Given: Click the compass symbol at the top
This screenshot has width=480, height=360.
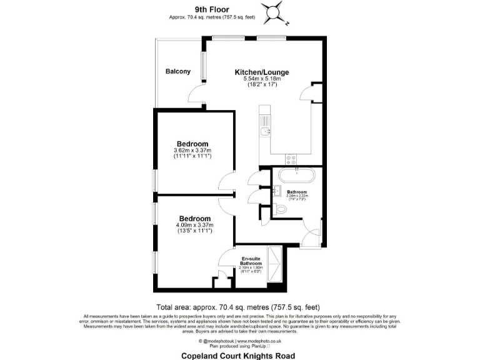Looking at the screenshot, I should [x=272, y=12].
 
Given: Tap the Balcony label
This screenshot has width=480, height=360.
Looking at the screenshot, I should [x=178, y=71].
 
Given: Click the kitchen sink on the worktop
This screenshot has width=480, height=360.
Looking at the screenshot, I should [x=265, y=131].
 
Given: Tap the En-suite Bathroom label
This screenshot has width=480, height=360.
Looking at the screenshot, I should [x=251, y=261].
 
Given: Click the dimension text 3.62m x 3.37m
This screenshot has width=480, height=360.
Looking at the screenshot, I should [x=192, y=151].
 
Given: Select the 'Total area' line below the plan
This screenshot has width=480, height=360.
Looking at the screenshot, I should [x=238, y=307].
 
